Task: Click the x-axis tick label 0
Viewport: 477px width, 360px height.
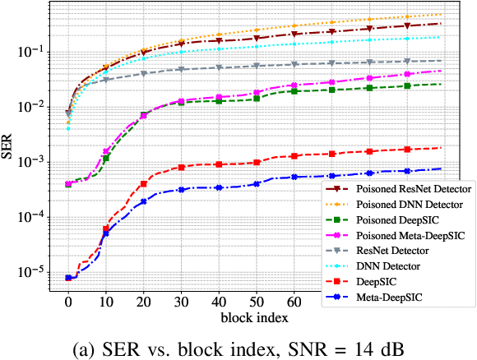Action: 68,302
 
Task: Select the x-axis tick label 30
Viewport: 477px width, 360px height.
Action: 182,302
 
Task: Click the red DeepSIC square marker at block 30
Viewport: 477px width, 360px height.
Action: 182,168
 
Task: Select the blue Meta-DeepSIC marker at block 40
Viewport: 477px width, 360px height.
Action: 220,187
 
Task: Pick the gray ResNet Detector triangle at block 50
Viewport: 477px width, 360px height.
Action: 257,66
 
